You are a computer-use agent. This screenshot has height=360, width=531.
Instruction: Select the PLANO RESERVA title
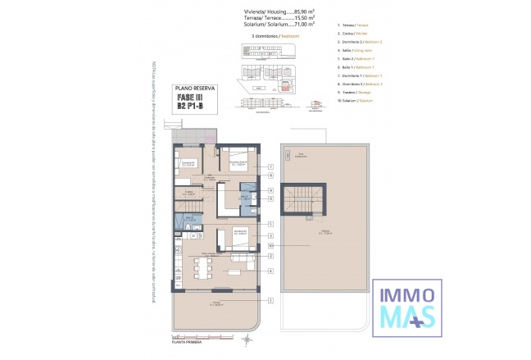(x=192, y=88)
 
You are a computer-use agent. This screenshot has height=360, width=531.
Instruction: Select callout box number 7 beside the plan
(x=270, y=166)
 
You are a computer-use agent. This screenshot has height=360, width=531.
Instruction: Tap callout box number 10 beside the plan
(x=270, y=245)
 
